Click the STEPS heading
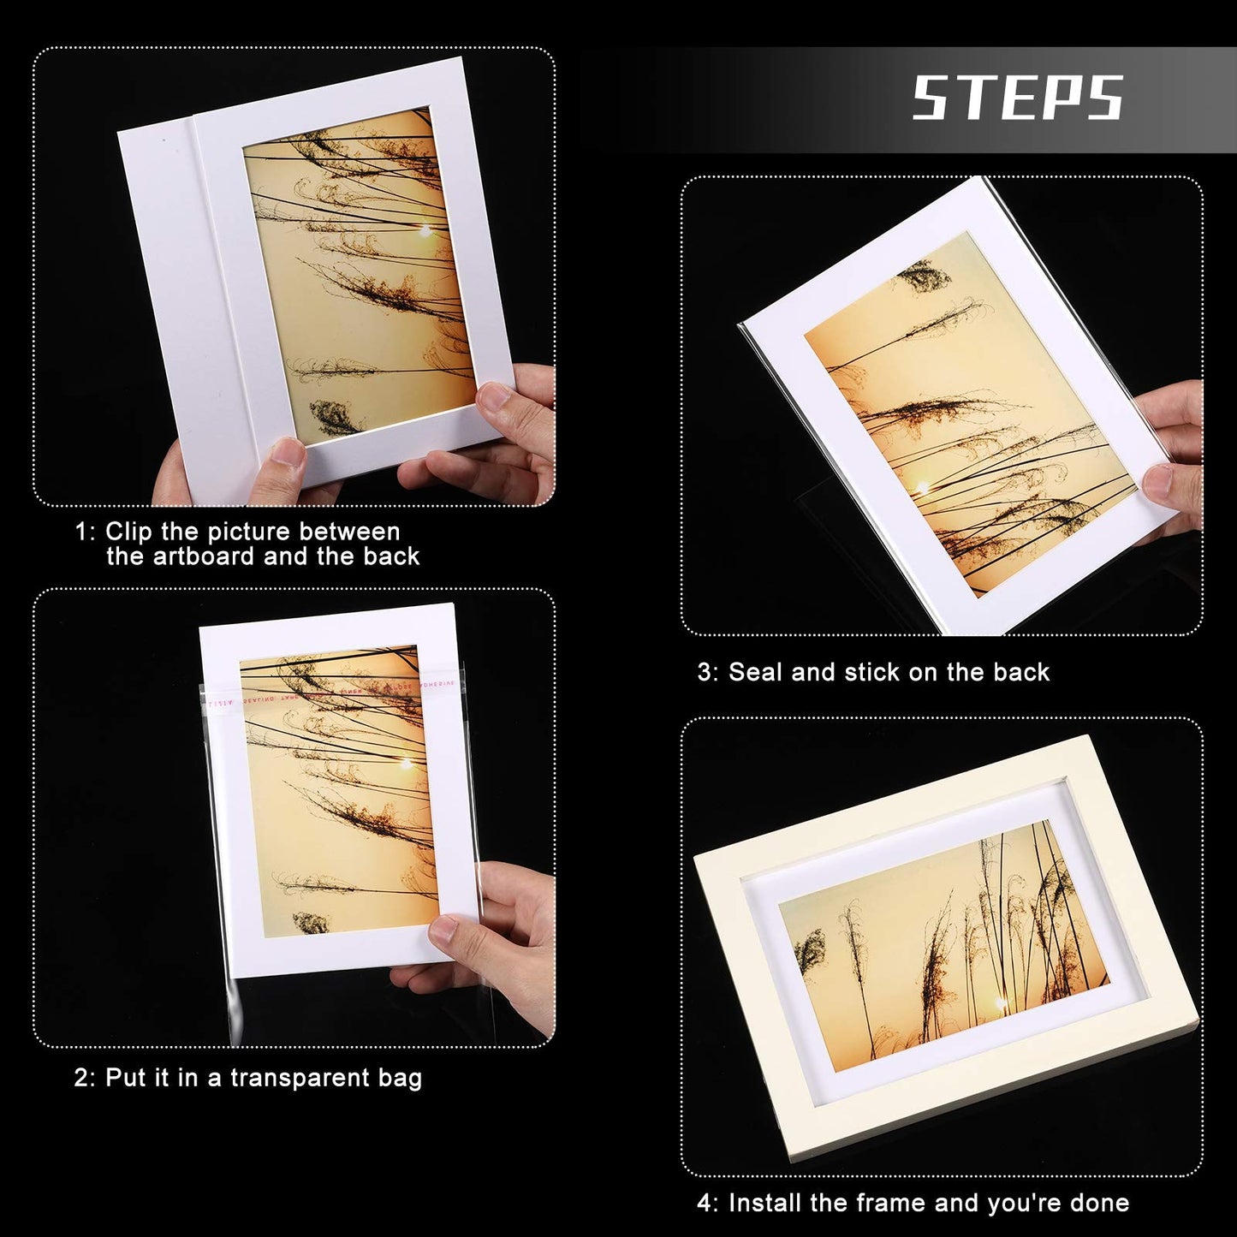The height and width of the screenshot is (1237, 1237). tap(1017, 98)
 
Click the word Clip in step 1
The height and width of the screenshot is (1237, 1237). tap(129, 532)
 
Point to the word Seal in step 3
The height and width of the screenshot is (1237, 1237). tap(756, 672)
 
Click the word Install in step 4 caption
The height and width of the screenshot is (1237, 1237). tap(765, 1203)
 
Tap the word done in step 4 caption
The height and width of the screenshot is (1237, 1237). tap(1099, 1203)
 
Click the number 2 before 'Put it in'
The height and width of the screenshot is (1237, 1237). tap(81, 1078)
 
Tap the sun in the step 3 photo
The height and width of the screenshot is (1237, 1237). tap(922, 489)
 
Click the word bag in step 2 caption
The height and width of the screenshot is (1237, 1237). tap(400, 1078)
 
